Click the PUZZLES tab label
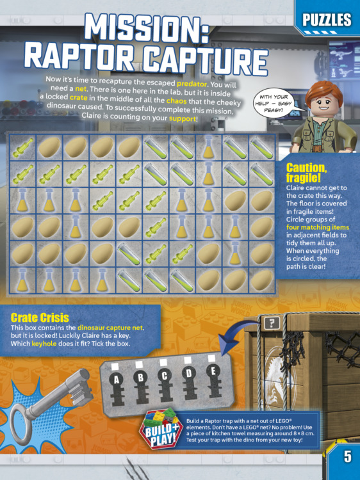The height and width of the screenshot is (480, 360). click(x=327, y=20)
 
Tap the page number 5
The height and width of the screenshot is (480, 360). click(x=347, y=456)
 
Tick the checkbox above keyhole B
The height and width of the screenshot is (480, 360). click(x=139, y=364)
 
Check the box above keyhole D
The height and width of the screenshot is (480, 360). click(x=187, y=360)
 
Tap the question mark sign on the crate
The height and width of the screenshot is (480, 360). click(x=272, y=323)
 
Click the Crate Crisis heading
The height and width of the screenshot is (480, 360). click(x=40, y=317)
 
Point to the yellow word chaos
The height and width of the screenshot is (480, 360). click(x=176, y=100)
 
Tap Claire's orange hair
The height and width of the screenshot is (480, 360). click(x=323, y=92)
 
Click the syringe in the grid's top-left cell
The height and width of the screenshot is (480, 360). click(x=22, y=147)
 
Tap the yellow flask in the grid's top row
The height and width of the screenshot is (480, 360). click(x=208, y=148)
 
